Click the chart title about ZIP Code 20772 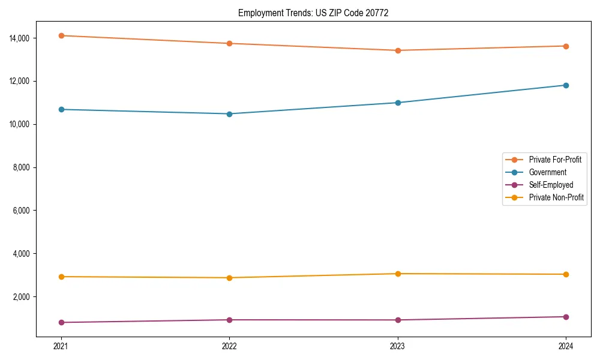(x=313, y=13)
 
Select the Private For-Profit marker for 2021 (x=61, y=35)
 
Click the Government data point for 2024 (x=566, y=85)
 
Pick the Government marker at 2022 (x=229, y=114)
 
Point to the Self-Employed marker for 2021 (x=61, y=323)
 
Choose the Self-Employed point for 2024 (x=566, y=317)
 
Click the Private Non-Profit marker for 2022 (x=229, y=278)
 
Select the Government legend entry (x=547, y=172)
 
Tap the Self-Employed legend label (x=551, y=185)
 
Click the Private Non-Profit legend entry (x=556, y=197)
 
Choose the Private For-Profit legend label (x=555, y=160)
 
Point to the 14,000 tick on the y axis (x=21, y=38)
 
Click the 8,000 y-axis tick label (x=23, y=167)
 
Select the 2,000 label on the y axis (x=23, y=297)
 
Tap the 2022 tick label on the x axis (x=229, y=346)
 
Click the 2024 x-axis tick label (x=566, y=346)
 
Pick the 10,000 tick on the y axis (x=21, y=124)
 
